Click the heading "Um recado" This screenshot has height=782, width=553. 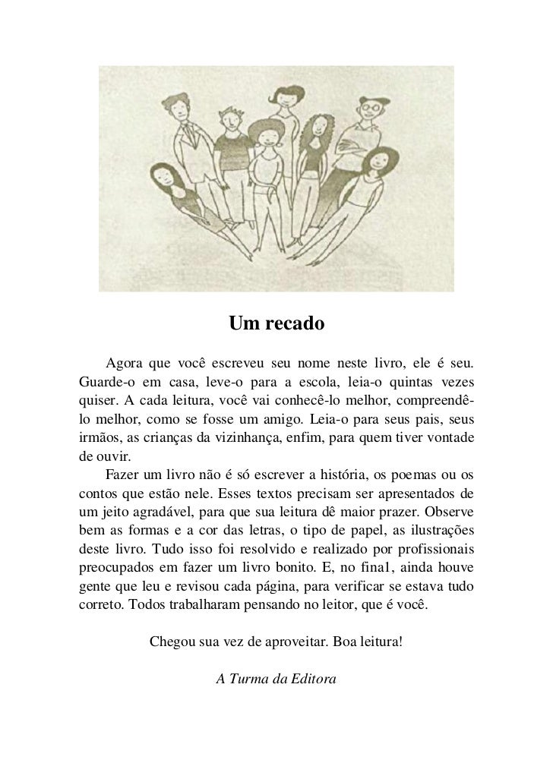276,324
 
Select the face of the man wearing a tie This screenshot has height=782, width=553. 179,106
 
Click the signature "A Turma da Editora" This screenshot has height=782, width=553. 276,678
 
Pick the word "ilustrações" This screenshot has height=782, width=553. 436,529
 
